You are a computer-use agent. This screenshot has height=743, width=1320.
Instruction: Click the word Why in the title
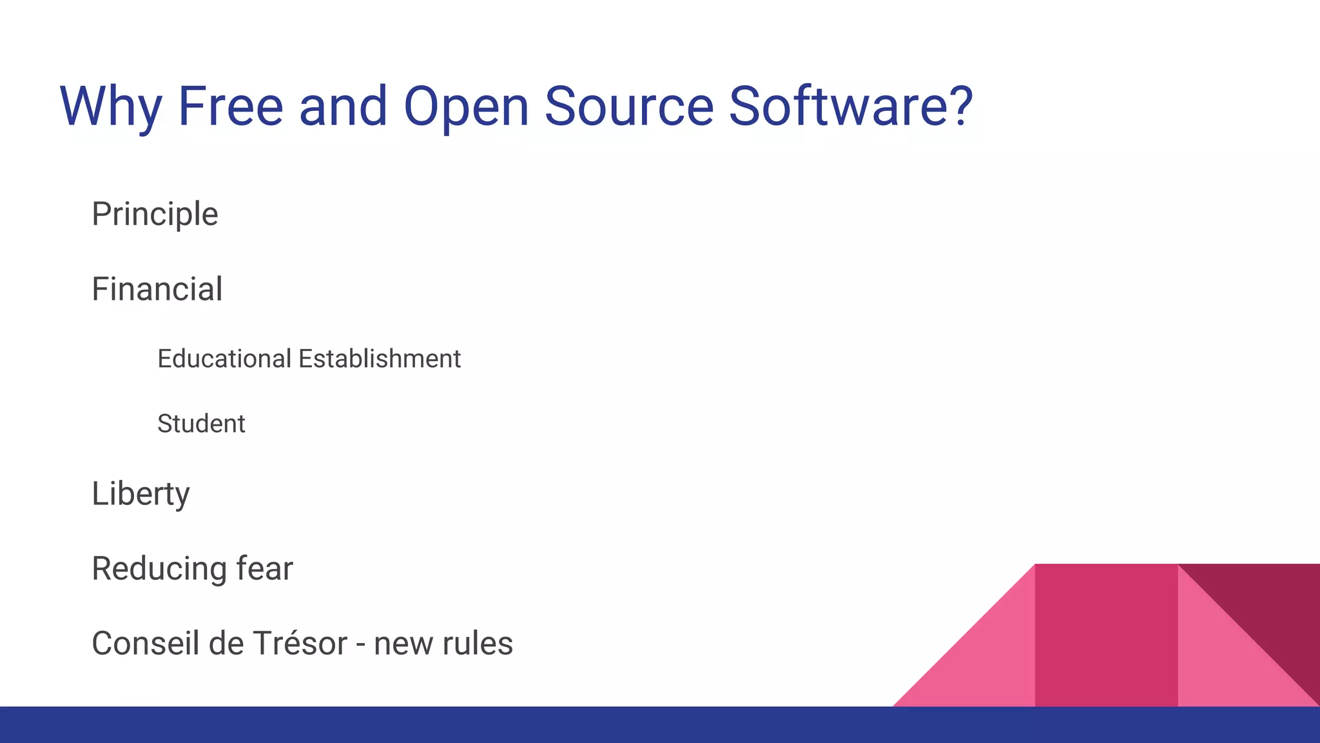click(110, 106)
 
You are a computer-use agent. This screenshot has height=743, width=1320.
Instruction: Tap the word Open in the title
click(465, 106)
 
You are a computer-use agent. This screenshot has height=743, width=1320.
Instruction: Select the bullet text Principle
click(155, 215)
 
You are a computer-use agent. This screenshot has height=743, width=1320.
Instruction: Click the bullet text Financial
click(157, 289)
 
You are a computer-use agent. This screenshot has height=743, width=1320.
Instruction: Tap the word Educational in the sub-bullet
click(224, 359)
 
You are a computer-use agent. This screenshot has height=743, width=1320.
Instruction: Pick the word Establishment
click(380, 359)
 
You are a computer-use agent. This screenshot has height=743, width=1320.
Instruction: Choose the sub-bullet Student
click(201, 424)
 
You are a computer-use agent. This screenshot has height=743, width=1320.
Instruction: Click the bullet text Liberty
click(141, 495)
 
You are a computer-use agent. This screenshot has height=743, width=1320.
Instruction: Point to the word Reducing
click(159, 570)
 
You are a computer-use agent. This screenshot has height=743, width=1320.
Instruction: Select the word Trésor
click(300, 644)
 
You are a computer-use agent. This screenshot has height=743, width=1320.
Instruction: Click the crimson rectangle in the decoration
click(1106, 635)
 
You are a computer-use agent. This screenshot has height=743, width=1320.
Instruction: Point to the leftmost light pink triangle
click(986, 664)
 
